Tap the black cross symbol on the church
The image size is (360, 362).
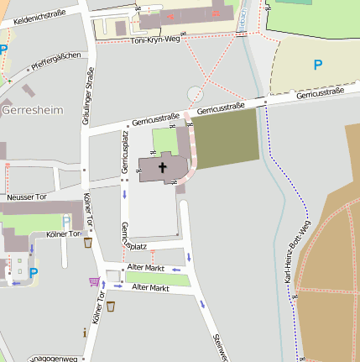click(162, 167)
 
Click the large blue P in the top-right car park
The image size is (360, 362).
click(317, 64)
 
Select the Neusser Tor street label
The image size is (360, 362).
click(27, 197)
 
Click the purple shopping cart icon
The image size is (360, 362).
click(93, 282)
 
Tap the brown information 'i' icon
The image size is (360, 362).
click(85, 333)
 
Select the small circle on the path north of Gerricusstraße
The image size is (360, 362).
click(195, 92)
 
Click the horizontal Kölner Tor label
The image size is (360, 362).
click(64, 233)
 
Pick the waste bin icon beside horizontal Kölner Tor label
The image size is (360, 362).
click(88, 243)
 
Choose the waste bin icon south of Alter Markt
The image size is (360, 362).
click(110, 306)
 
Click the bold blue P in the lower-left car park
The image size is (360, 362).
click(34, 272)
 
